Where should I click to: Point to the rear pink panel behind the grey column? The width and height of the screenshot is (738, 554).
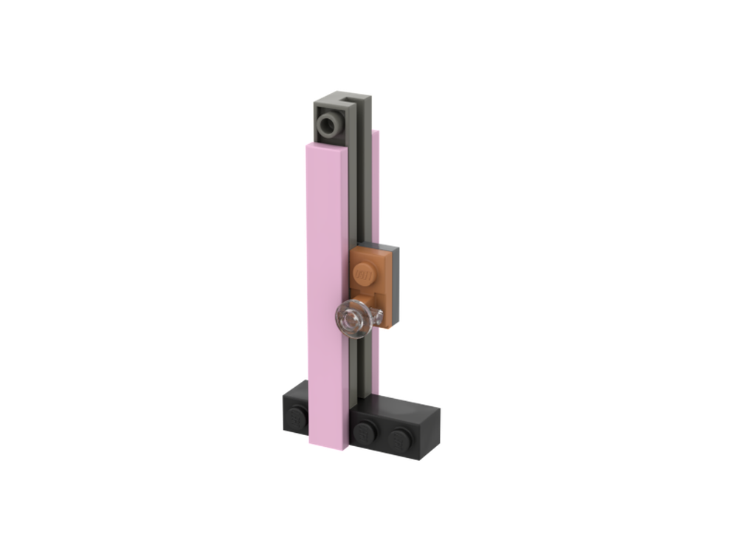[378, 185]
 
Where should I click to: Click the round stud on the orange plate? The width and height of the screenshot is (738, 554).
[365, 273]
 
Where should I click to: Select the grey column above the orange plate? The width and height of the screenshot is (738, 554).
[364, 192]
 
